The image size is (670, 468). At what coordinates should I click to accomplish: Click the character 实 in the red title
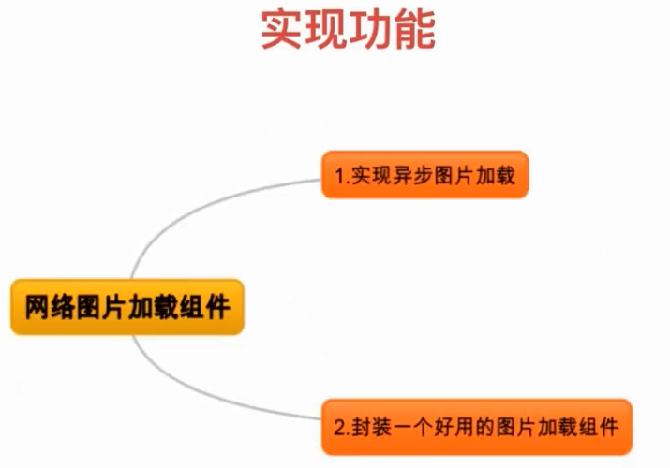pyautogui.click(x=282, y=30)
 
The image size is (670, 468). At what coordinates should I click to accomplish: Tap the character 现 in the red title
pyautogui.click(x=326, y=30)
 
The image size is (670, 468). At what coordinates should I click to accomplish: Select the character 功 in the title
pyautogui.click(x=370, y=30)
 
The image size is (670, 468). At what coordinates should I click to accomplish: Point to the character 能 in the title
pyautogui.click(x=414, y=30)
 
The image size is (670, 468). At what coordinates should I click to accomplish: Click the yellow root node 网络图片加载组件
pyautogui.click(x=127, y=307)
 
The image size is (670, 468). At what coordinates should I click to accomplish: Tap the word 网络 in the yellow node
pyautogui.click(x=51, y=307)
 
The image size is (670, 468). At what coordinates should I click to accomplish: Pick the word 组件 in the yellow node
pyautogui.click(x=205, y=307)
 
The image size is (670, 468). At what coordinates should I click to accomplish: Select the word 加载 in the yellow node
pyautogui.click(x=154, y=307)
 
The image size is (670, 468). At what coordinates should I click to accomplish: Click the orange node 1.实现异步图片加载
pyautogui.click(x=424, y=175)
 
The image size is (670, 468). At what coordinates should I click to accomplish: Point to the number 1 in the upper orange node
pyautogui.click(x=339, y=176)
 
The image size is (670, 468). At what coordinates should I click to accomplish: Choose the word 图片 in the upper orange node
pyautogui.click(x=454, y=175)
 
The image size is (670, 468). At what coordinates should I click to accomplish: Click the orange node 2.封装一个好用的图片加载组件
pyautogui.click(x=477, y=427)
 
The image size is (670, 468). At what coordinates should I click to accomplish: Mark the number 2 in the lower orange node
pyautogui.click(x=339, y=428)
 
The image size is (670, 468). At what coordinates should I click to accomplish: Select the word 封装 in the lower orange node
pyautogui.click(x=371, y=427)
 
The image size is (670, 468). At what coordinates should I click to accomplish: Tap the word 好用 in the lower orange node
pyautogui.click(x=454, y=427)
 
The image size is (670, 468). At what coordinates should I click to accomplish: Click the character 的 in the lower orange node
pyautogui.click(x=485, y=427)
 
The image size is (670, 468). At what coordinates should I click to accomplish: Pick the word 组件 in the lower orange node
pyautogui.click(x=599, y=427)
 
